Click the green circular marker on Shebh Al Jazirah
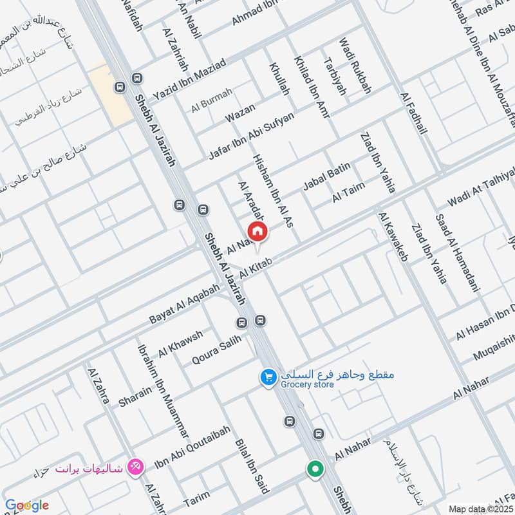[x=315, y=469]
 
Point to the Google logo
[x=26, y=505]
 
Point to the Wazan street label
[x=239, y=113]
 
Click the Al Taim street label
[x=349, y=192]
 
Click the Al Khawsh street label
[x=181, y=343]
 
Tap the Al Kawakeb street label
[x=394, y=237]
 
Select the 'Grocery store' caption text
[x=307, y=385]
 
